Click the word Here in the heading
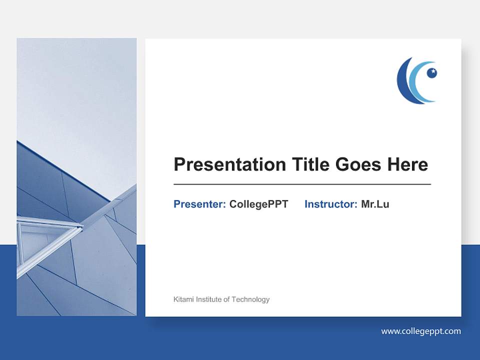[406, 164]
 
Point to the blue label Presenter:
[199, 204]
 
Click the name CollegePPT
[258, 204]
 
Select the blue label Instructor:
[330, 204]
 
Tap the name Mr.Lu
[375, 204]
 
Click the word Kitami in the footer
[183, 299]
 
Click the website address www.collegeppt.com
[420, 331]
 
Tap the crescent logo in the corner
[416, 80]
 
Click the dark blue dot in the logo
[431, 73]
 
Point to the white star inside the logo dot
[433, 71]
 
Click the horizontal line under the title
[302, 184]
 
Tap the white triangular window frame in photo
[45, 235]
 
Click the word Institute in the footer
[209, 299]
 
